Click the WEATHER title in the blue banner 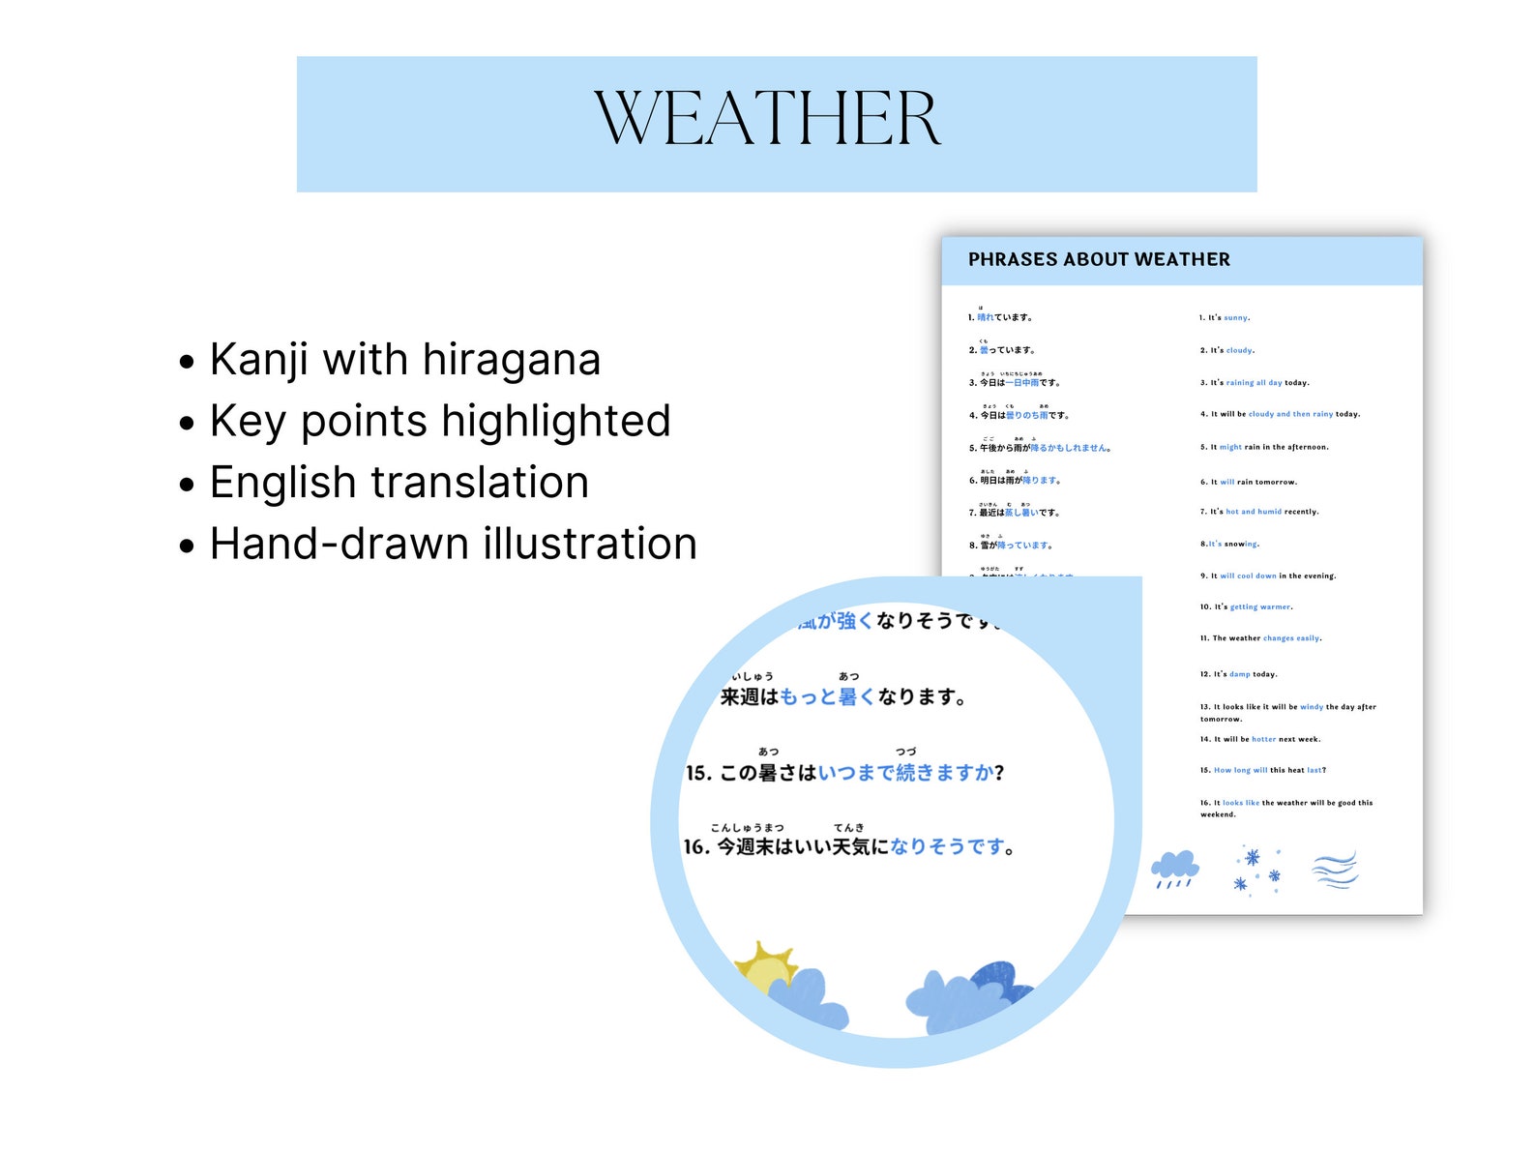point(767,120)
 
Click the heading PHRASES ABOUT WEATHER point(1099,259)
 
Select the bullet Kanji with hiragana point(404,360)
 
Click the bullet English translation point(399,483)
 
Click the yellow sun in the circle point(764,966)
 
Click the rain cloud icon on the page point(1174,868)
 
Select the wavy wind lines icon point(1335,869)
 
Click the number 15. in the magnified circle point(698,774)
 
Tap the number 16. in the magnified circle point(696,847)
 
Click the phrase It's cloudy point(1227,350)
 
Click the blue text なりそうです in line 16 point(947,847)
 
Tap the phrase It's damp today point(1238,674)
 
